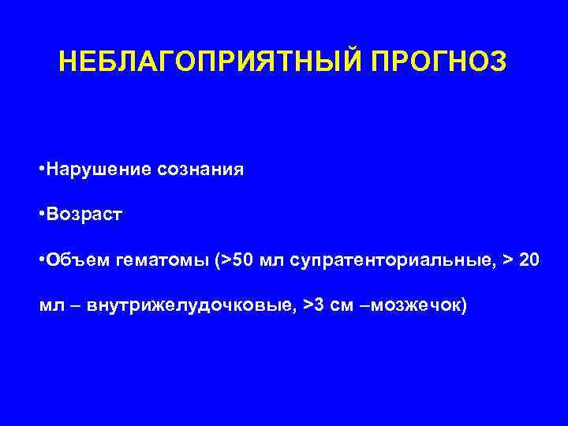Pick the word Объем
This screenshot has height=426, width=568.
pos(78,260)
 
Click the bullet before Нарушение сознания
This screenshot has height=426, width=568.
pos(41,169)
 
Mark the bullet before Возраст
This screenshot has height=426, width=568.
pos(41,215)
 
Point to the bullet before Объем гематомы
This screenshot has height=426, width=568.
pos(41,260)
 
